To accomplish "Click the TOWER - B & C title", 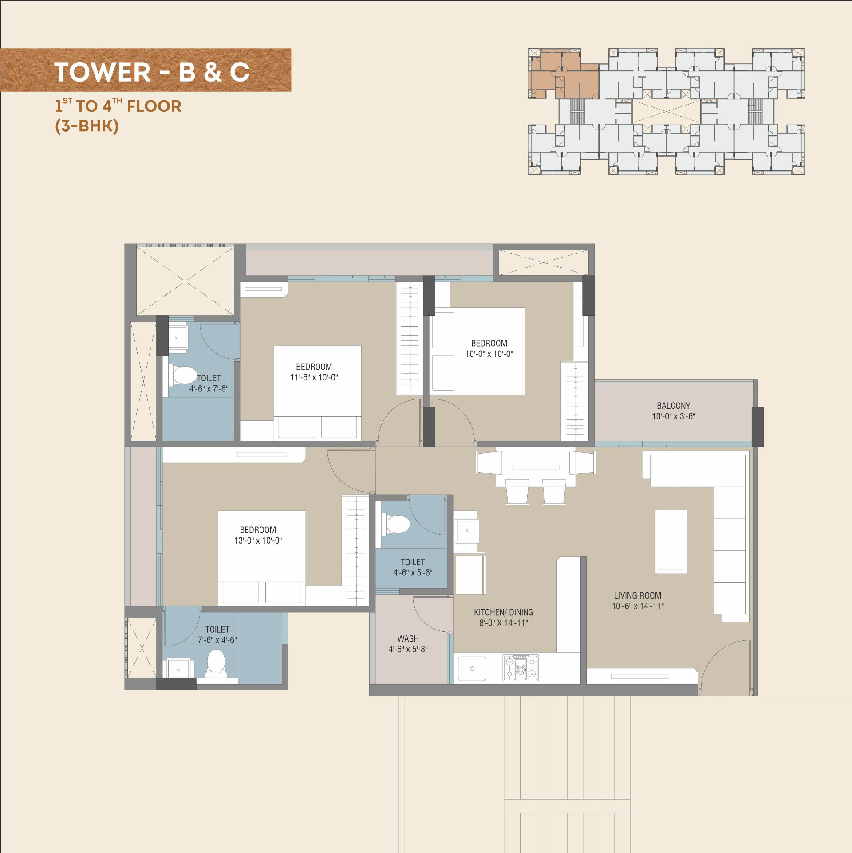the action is point(152,72).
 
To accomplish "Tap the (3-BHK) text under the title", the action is point(87,126).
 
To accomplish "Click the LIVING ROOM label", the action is point(638,595).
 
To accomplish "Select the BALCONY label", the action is point(674,406).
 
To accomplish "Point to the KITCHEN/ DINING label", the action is point(504,612).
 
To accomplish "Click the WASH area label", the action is point(408,639).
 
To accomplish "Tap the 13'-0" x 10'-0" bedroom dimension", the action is point(258,540).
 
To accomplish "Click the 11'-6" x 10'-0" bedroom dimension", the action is point(314,377).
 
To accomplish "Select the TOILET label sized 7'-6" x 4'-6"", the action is point(217,630).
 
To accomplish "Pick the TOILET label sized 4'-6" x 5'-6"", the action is point(413,562).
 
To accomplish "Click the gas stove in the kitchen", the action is point(521,668).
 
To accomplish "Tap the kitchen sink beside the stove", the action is point(472,669).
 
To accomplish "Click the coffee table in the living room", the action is point(671,542).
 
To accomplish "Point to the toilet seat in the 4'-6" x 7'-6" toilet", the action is point(182,376).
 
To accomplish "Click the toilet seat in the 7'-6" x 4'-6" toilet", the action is point(216,663).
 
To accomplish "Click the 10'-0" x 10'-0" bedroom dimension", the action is point(489,354).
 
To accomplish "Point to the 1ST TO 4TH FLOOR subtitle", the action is point(118,106).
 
